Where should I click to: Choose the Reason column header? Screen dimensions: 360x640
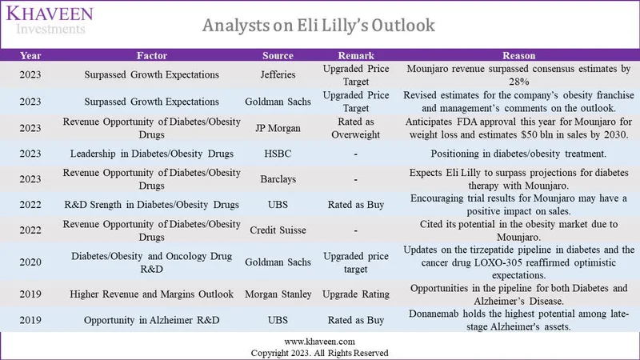click(x=518, y=56)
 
